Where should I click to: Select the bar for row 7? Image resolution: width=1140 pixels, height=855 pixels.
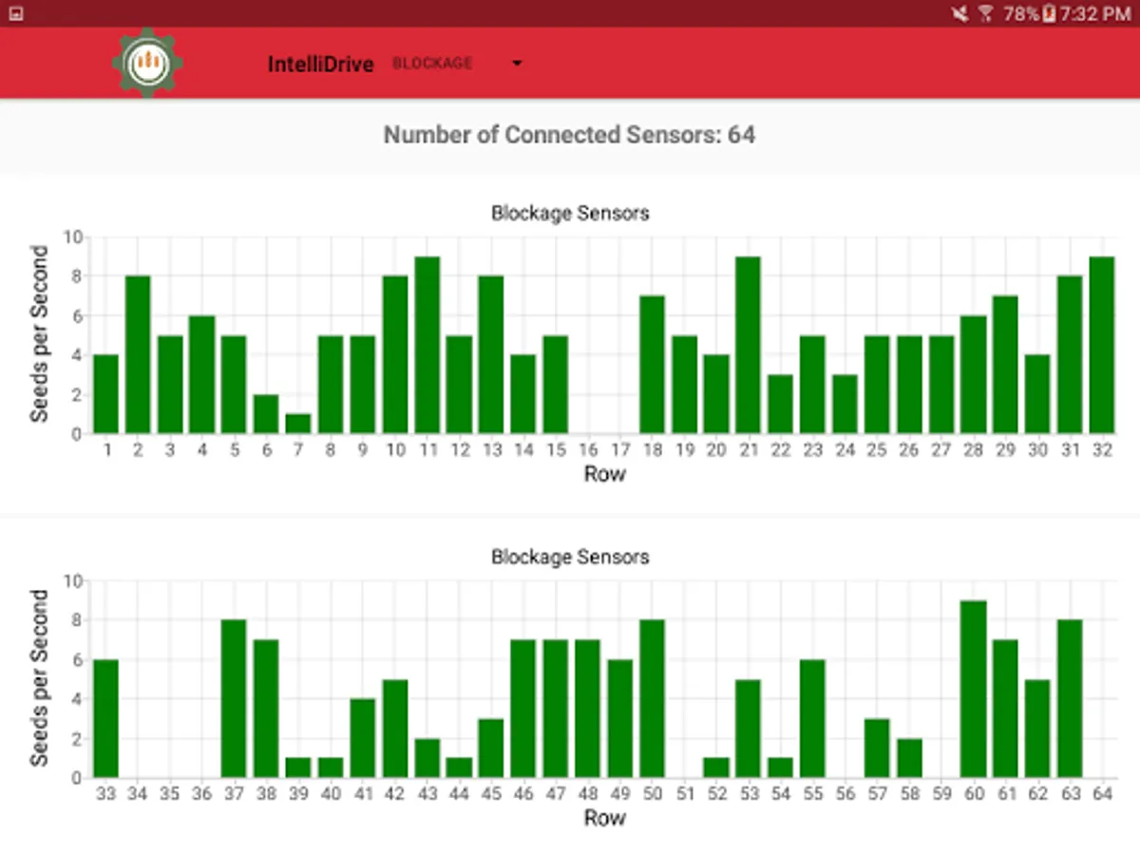(298, 424)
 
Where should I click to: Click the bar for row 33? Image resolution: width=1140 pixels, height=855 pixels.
(105, 719)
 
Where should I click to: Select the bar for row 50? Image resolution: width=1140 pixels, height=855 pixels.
(653, 699)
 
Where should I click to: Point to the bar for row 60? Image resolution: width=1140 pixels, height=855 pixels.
(974, 690)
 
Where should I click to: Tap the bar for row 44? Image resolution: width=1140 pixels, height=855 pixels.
(460, 768)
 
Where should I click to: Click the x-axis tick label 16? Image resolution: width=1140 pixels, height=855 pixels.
(588, 450)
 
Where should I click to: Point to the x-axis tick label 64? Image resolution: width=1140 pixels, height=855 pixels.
(1102, 793)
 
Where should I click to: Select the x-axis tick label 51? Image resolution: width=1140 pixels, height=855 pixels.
(685, 793)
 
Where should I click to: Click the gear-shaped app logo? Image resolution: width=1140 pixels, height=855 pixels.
(147, 63)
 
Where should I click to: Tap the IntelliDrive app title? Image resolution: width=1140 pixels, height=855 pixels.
(320, 65)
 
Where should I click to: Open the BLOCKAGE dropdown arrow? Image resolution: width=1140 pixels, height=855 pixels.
(517, 64)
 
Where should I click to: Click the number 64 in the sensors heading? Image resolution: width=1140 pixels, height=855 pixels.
(742, 135)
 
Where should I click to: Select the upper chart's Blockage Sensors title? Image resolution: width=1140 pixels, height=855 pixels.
(570, 213)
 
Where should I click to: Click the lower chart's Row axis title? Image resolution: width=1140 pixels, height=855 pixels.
(605, 817)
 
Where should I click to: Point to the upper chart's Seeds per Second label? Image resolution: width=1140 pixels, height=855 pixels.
(40, 333)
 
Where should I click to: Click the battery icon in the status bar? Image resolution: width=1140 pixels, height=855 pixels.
(1049, 13)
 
